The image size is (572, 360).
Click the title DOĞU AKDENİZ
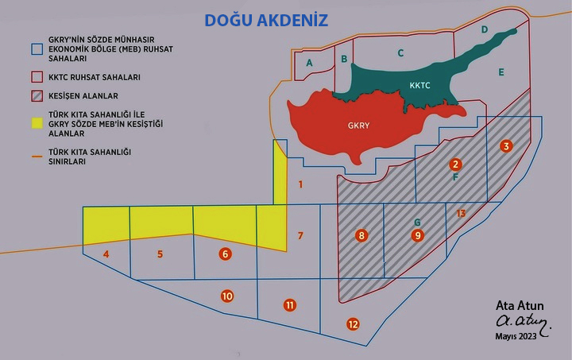[x=266, y=20]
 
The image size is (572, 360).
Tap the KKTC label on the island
[x=420, y=85]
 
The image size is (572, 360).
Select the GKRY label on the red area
[x=359, y=125]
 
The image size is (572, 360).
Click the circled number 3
[x=506, y=145]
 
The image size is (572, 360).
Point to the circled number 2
[x=455, y=165]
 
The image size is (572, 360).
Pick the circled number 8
[x=362, y=235]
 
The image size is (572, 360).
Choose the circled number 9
[x=418, y=235]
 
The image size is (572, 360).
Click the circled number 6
[x=226, y=254]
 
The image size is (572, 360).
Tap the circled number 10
[x=227, y=296]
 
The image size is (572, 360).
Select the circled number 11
[x=289, y=305]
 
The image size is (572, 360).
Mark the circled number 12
[x=353, y=323]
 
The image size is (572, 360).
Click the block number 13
[x=461, y=213]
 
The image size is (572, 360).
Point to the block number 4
[x=106, y=254]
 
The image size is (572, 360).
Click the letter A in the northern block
[x=310, y=63]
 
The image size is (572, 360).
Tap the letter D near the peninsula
[x=485, y=29]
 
